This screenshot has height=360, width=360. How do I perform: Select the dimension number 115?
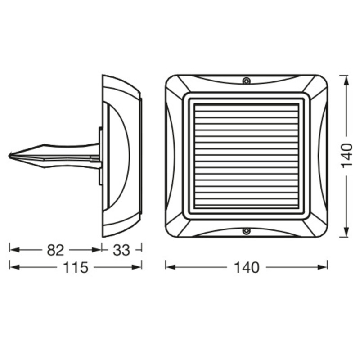click(75, 268)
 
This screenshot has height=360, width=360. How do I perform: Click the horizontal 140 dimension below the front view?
click(247, 268)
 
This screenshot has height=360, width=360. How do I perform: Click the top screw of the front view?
click(246, 81)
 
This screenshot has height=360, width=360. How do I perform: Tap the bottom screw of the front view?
click(246, 231)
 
